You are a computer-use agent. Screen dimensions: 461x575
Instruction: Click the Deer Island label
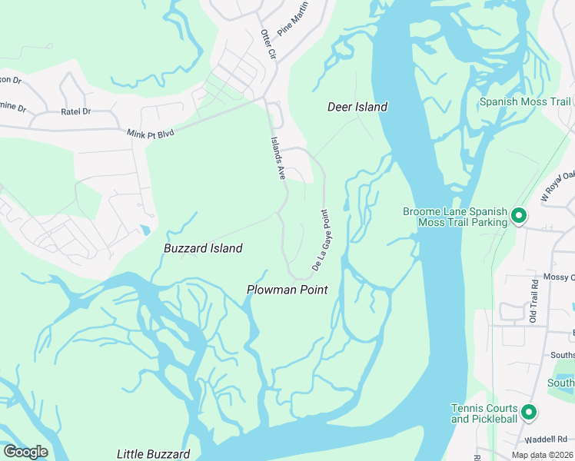[357, 107]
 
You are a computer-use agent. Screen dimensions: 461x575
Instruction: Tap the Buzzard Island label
[203, 248]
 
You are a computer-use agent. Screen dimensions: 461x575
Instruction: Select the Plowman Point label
[287, 290]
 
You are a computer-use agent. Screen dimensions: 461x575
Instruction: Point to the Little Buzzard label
[153, 454]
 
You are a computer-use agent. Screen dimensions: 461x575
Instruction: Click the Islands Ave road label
[278, 159]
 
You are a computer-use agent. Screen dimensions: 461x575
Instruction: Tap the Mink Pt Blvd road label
[151, 134]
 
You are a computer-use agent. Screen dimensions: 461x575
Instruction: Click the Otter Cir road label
[268, 45]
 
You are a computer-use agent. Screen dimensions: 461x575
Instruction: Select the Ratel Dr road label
[75, 111]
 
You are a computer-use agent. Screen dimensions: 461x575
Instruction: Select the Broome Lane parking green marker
[519, 217]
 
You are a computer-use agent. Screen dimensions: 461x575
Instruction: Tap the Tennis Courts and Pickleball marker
[529, 413]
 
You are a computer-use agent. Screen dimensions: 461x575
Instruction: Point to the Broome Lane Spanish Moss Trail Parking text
[455, 217]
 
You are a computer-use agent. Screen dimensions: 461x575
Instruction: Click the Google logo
[25, 452]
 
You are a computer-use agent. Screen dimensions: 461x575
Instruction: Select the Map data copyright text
[543, 455]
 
